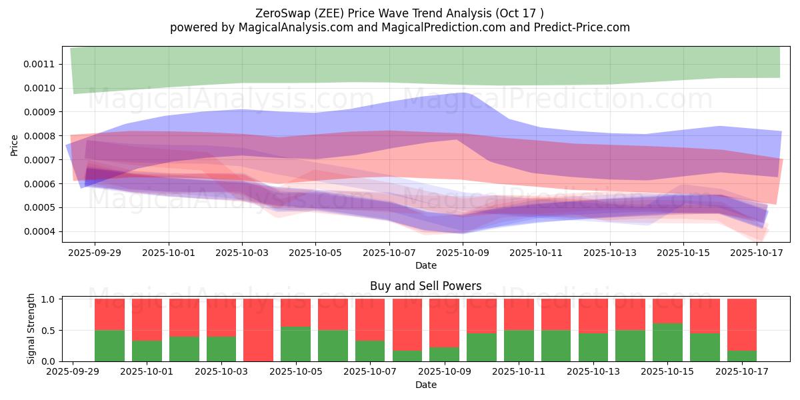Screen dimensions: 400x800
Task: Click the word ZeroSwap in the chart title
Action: [x=278, y=13]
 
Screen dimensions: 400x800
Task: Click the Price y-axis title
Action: [x=15, y=145]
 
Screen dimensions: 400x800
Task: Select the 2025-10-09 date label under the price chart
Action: [x=463, y=253]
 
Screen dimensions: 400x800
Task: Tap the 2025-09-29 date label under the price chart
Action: [x=94, y=253]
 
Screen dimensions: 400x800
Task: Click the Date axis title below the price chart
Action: [x=426, y=265]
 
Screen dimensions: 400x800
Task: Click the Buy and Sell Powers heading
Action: [x=426, y=286]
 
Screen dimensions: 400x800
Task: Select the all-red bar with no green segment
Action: [x=259, y=330]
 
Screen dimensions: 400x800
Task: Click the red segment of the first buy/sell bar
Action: [x=110, y=315]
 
